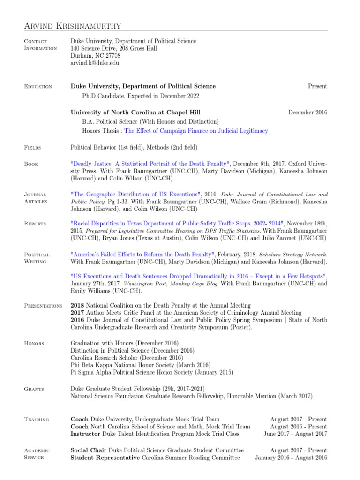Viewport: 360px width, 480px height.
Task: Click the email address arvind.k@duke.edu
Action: coord(95,62)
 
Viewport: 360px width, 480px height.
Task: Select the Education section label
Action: coord(37,87)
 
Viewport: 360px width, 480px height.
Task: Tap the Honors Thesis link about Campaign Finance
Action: coord(196,131)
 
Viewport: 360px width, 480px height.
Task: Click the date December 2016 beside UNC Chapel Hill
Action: coord(307,112)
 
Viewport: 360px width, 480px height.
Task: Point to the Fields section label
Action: coord(32,148)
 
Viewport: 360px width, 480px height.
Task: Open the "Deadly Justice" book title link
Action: coord(150,164)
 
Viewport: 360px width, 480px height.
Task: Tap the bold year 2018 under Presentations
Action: coord(77,306)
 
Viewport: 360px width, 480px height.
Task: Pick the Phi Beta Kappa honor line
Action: coord(141,365)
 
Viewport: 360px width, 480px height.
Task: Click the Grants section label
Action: coord(34,389)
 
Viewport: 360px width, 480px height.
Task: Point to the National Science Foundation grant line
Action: coord(191,396)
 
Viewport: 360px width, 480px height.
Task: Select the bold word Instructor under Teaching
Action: coord(85,434)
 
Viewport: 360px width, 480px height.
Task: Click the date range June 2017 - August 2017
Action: coord(295,434)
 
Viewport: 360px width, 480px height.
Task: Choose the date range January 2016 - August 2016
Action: coord(291,457)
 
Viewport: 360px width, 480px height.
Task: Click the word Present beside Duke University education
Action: coord(317,86)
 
